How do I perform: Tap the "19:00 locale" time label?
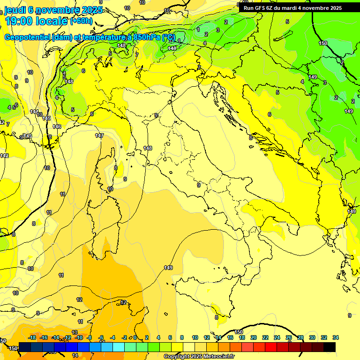[x=36, y=21]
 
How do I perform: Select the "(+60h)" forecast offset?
[x=81, y=21]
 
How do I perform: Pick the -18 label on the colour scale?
[x=32, y=337]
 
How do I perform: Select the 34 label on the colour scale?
[x=335, y=337]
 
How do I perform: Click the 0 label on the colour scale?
[x=135, y=337]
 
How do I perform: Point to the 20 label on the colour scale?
[x=254, y=337]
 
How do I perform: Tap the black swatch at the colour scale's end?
[x=330, y=347]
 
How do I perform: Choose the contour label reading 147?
[x=99, y=135]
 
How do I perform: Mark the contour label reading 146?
[x=57, y=127]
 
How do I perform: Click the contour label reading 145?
[x=46, y=118]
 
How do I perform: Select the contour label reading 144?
[x=34, y=112]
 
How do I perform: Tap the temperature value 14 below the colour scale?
[x=75, y=355]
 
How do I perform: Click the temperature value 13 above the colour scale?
[x=75, y=332]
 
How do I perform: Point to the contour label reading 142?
[x=4, y=156]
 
